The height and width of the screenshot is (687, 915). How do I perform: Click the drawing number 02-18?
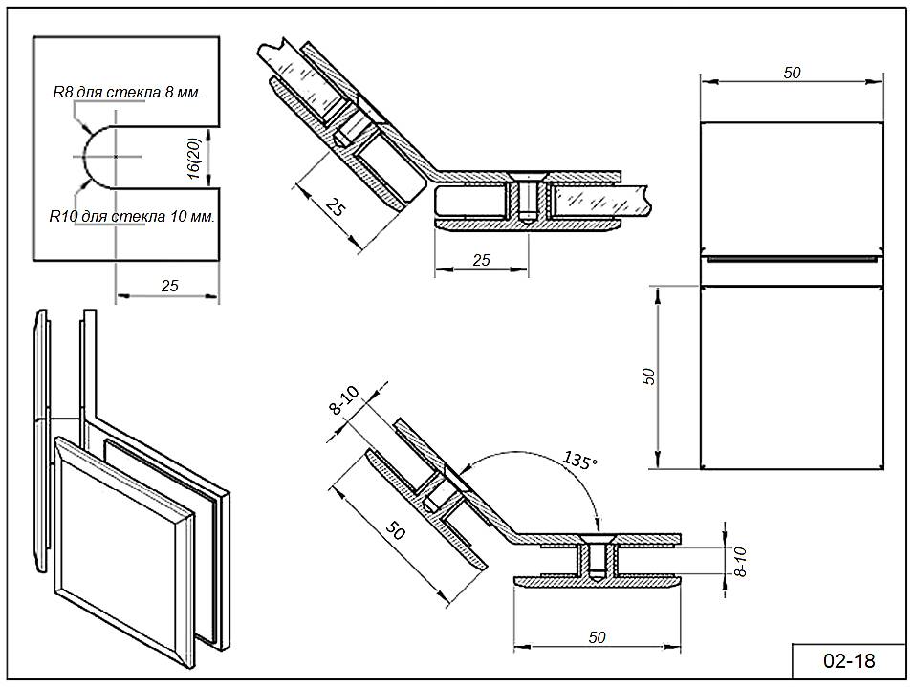point(849,660)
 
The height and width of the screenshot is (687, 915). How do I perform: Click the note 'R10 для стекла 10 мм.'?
point(132,217)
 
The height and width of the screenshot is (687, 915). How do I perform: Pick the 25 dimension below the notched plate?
point(168,286)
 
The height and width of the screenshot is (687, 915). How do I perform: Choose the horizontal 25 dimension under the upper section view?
point(481,260)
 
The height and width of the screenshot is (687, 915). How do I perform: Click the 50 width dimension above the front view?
point(792,73)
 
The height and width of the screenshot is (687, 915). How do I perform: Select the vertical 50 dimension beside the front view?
point(648,376)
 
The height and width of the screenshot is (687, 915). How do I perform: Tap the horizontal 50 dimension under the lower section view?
point(598,637)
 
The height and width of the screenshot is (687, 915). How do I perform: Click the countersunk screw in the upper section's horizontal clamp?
point(523,196)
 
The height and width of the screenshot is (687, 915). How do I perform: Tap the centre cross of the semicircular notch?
point(115,156)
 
